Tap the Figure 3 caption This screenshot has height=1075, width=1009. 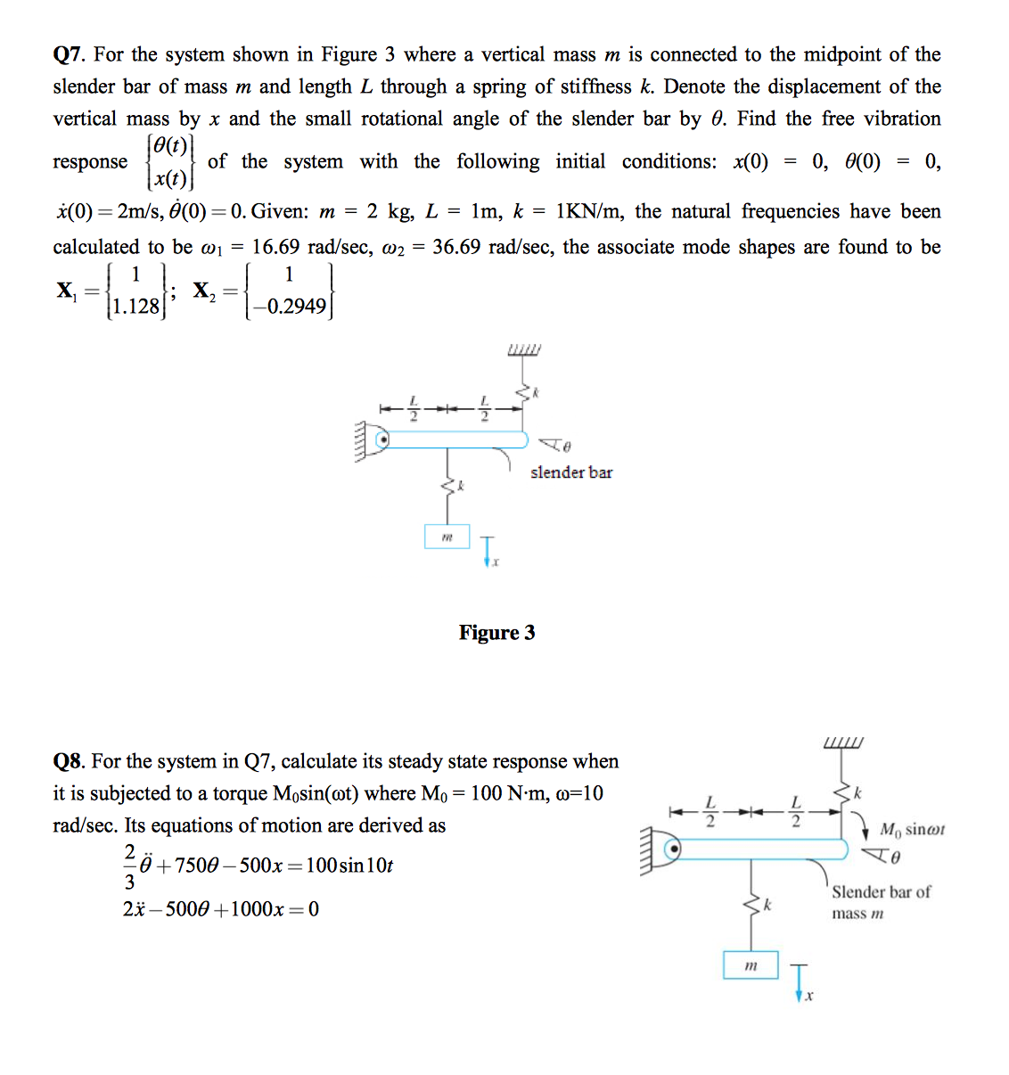point(496,633)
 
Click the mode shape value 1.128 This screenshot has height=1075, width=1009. point(134,307)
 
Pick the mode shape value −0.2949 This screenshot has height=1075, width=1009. point(290,307)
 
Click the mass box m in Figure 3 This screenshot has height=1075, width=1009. point(447,537)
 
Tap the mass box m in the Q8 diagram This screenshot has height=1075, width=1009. point(751,965)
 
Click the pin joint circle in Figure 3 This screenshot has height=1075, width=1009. point(383,439)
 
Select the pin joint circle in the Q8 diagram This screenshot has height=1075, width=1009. point(675,849)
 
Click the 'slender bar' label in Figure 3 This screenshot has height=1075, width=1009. point(571,472)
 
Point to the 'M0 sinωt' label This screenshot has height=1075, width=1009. point(912,830)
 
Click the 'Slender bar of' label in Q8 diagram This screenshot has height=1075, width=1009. point(881,892)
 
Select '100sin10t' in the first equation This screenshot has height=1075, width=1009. point(349,866)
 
